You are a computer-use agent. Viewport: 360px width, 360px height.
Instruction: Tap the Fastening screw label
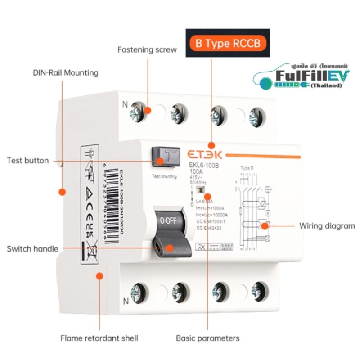[x=147, y=49]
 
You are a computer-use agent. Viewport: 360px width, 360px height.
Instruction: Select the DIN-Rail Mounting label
[x=66, y=72]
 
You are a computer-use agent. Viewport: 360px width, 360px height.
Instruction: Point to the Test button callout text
[x=28, y=161]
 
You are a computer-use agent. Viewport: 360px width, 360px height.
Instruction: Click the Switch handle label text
[x=32, y=248]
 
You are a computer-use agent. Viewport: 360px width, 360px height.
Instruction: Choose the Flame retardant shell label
[x=99, y=338]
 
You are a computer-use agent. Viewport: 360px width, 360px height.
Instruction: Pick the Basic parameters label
[x=207, y=338]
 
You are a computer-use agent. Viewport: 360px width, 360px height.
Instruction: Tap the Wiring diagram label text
[x=327, y=225]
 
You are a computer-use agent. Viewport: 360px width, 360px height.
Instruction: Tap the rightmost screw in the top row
[x=257, y=113]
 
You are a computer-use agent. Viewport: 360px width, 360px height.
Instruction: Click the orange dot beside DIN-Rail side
[x=63, y=191]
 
